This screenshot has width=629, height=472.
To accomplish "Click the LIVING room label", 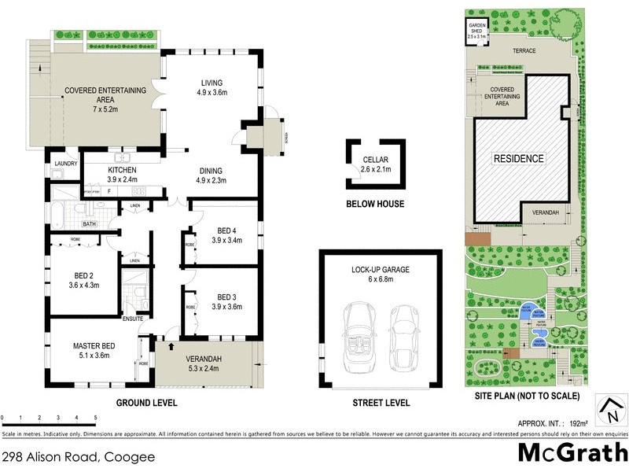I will (212, 83).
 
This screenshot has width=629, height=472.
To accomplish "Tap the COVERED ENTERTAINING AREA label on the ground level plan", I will (105, 90).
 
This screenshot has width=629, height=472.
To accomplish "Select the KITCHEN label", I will (122, 170).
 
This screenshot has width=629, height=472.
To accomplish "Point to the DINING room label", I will (211, 171).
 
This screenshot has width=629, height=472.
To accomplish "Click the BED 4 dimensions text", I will (227, 240).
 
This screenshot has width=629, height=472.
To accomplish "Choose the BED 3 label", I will (227, 297).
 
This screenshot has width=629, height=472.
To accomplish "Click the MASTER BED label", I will (94, 345).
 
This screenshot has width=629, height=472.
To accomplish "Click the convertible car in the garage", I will (359, 334).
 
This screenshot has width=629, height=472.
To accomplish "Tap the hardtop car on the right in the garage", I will (406, 334).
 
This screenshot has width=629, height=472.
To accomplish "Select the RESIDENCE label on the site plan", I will (518, 158).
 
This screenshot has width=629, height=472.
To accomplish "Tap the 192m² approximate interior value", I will (579, 422).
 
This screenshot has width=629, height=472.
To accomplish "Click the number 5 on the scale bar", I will (95, 417).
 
